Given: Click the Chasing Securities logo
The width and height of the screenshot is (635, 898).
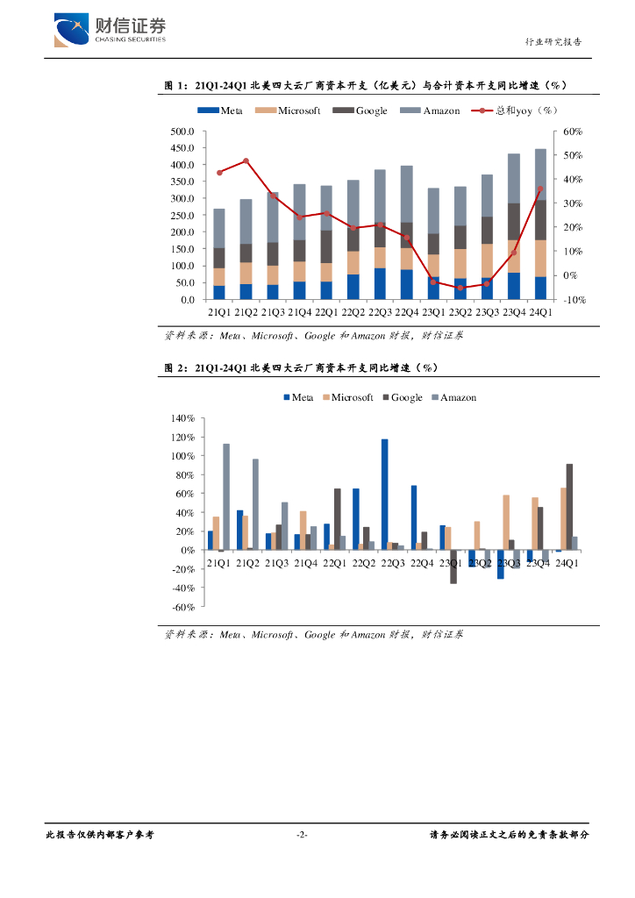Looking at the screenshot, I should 109,30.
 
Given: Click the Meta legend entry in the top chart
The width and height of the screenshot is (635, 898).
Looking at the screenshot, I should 220,110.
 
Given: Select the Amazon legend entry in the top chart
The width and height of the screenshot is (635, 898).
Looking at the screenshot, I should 430,110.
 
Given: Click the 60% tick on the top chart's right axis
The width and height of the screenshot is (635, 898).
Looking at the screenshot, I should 572,132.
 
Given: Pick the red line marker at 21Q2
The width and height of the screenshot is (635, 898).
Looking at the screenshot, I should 246,160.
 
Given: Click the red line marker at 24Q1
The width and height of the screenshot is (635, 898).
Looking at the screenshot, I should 540,189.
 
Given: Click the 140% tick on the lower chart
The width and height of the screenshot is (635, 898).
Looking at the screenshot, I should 182,419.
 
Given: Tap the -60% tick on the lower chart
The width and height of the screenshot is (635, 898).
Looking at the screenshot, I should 182,607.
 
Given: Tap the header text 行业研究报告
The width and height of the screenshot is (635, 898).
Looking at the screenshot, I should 553,42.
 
